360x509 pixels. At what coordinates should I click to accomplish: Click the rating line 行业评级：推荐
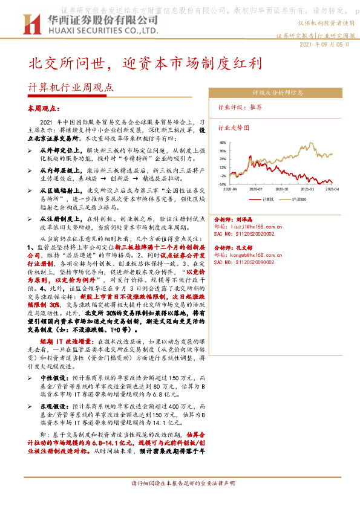pos(240,107)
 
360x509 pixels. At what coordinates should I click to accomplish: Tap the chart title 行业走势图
pos(234,128)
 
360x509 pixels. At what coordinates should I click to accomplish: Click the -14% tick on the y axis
pos(223,184)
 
